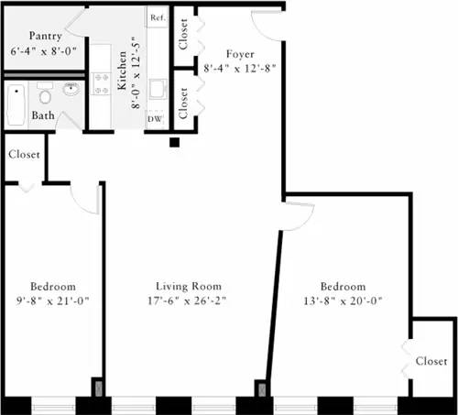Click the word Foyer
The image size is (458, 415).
click(240, 54)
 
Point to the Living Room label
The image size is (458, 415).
click(188, 286)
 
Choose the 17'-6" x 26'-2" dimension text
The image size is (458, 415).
click(188, 300)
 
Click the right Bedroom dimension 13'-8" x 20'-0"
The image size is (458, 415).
click(343, 300)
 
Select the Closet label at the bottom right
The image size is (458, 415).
click(431, 361)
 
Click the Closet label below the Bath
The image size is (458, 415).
click(24, 155)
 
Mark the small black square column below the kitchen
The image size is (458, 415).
click(174, 142)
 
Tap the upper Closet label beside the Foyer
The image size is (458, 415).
click(183, 34)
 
